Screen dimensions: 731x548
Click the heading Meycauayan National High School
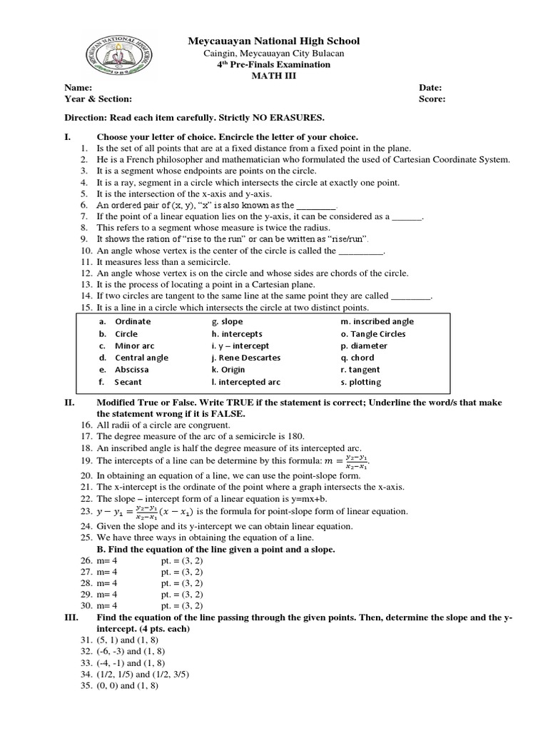(274, 41)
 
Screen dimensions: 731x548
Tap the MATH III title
(274, 76)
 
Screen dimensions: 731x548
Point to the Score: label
(432, 100)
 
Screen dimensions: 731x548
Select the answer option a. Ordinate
(126, 321)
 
